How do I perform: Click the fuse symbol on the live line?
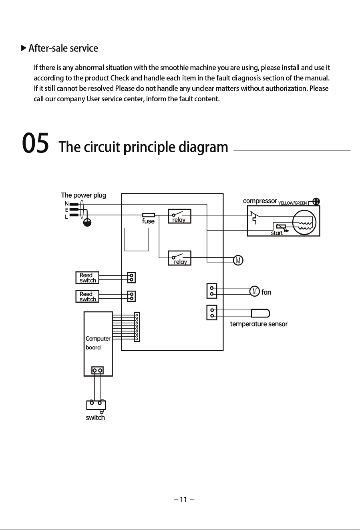pyautogui.click(x=149, y=215)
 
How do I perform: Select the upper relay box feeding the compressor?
pyautogui.click(x=179, y=216)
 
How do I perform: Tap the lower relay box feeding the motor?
pyautogui.click(x=179, y=258)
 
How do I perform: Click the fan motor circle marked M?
pyautogui.click(x=255, y=291)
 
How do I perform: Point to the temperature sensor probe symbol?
pyautogui.click(x=260, y=313)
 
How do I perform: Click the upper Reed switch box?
pyautogui.click(x=87, y=277)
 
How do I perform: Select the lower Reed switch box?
pyautogui.click(x=87, y=296)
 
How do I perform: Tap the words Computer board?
pyautogui.click(x=98, y=343)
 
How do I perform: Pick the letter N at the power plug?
pyautogui.click(x=66, y=203)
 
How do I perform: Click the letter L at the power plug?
pyautogui.click(x=66, y=217)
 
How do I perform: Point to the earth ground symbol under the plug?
pyautogui.click(x=87, y=223)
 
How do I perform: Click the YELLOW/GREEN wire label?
pyautogui.click(x=292, y=203)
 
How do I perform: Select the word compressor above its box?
pyautogui.click(x=260, y=201)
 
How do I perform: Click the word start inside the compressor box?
pyautogui.click(x=277, y=233)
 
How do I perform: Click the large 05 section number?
pyautogui.click(x=36, y=143)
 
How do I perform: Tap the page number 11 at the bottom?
pyautogui.click(x=183, y=499)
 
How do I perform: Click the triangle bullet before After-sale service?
pyautogui.click(x=24, y=48)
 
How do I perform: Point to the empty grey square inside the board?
pyautogui.click(x=137, y=239)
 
